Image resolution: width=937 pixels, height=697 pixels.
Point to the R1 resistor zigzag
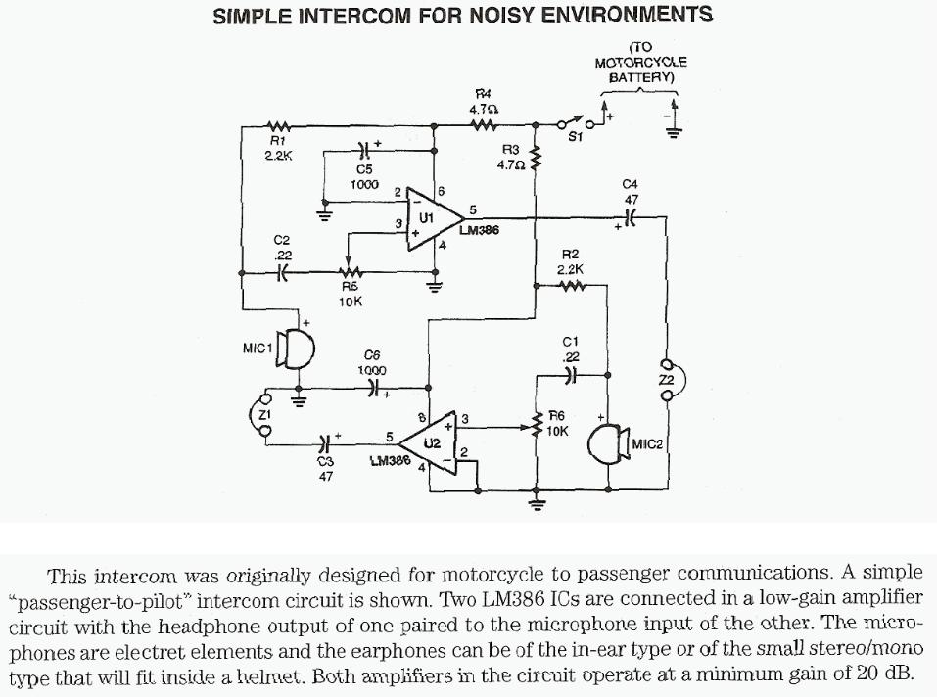(x=280, y=126)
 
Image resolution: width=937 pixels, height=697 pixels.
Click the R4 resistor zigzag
(x=484, y=125)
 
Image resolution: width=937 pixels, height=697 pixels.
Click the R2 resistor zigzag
(x=570, y=287)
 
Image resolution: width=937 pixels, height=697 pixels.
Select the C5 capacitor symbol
(x=364, y=152)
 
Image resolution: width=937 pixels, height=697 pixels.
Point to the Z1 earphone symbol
(x=263, y=416)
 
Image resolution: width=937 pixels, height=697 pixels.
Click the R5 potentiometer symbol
(x=350, y=273)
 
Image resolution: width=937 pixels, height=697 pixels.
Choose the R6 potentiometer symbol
(x=537, y=425)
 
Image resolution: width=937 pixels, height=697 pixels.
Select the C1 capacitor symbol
(x=573, y=374)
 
